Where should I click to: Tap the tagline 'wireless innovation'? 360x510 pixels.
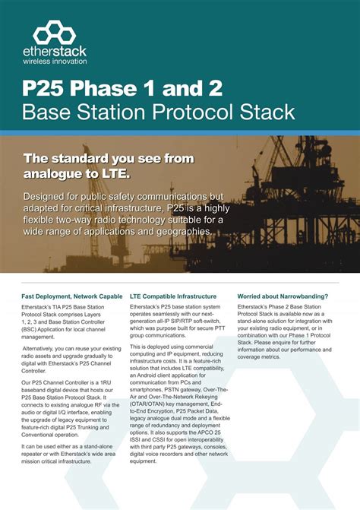55,62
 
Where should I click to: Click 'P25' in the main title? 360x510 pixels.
46,88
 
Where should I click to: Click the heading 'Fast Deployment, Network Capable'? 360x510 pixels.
72,296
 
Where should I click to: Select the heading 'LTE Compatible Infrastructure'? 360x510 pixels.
173,296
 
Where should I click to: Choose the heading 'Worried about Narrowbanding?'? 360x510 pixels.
283,296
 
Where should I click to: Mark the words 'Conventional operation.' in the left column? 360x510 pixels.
55,435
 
